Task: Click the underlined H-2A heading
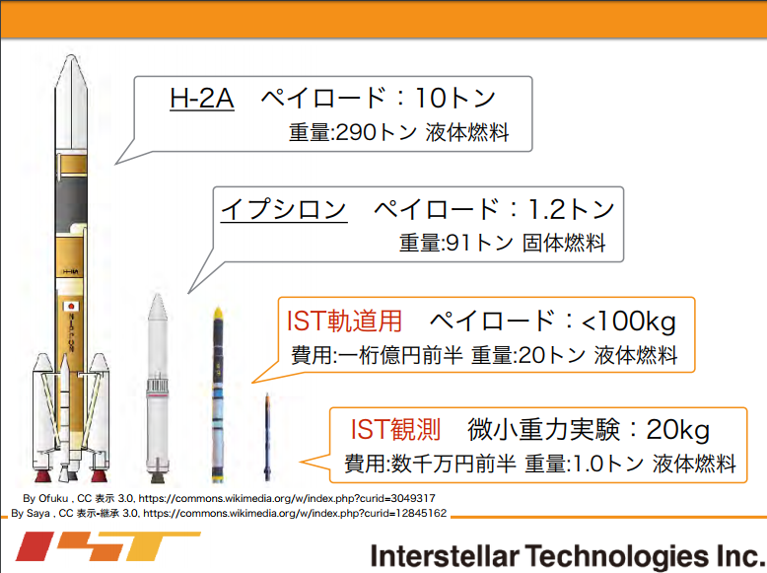click(201, 98)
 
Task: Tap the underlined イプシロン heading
click(284, 209)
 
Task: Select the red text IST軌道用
click(344, 321)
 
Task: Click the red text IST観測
click(395, 429)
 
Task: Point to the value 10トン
click(454, 98)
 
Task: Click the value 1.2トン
click(571, 209)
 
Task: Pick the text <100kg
click(629, 322)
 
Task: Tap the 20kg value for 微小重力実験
click(678, 430)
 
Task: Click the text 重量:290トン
click(353, 132)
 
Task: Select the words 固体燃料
click(564, 243)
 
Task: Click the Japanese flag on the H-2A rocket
click(71, 307)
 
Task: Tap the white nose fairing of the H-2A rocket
click(71, 102)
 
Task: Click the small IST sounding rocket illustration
click(267, 437)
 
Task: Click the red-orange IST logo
click(107, 545)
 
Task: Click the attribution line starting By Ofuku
click(229, 498)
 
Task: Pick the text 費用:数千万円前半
click(430, 464)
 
